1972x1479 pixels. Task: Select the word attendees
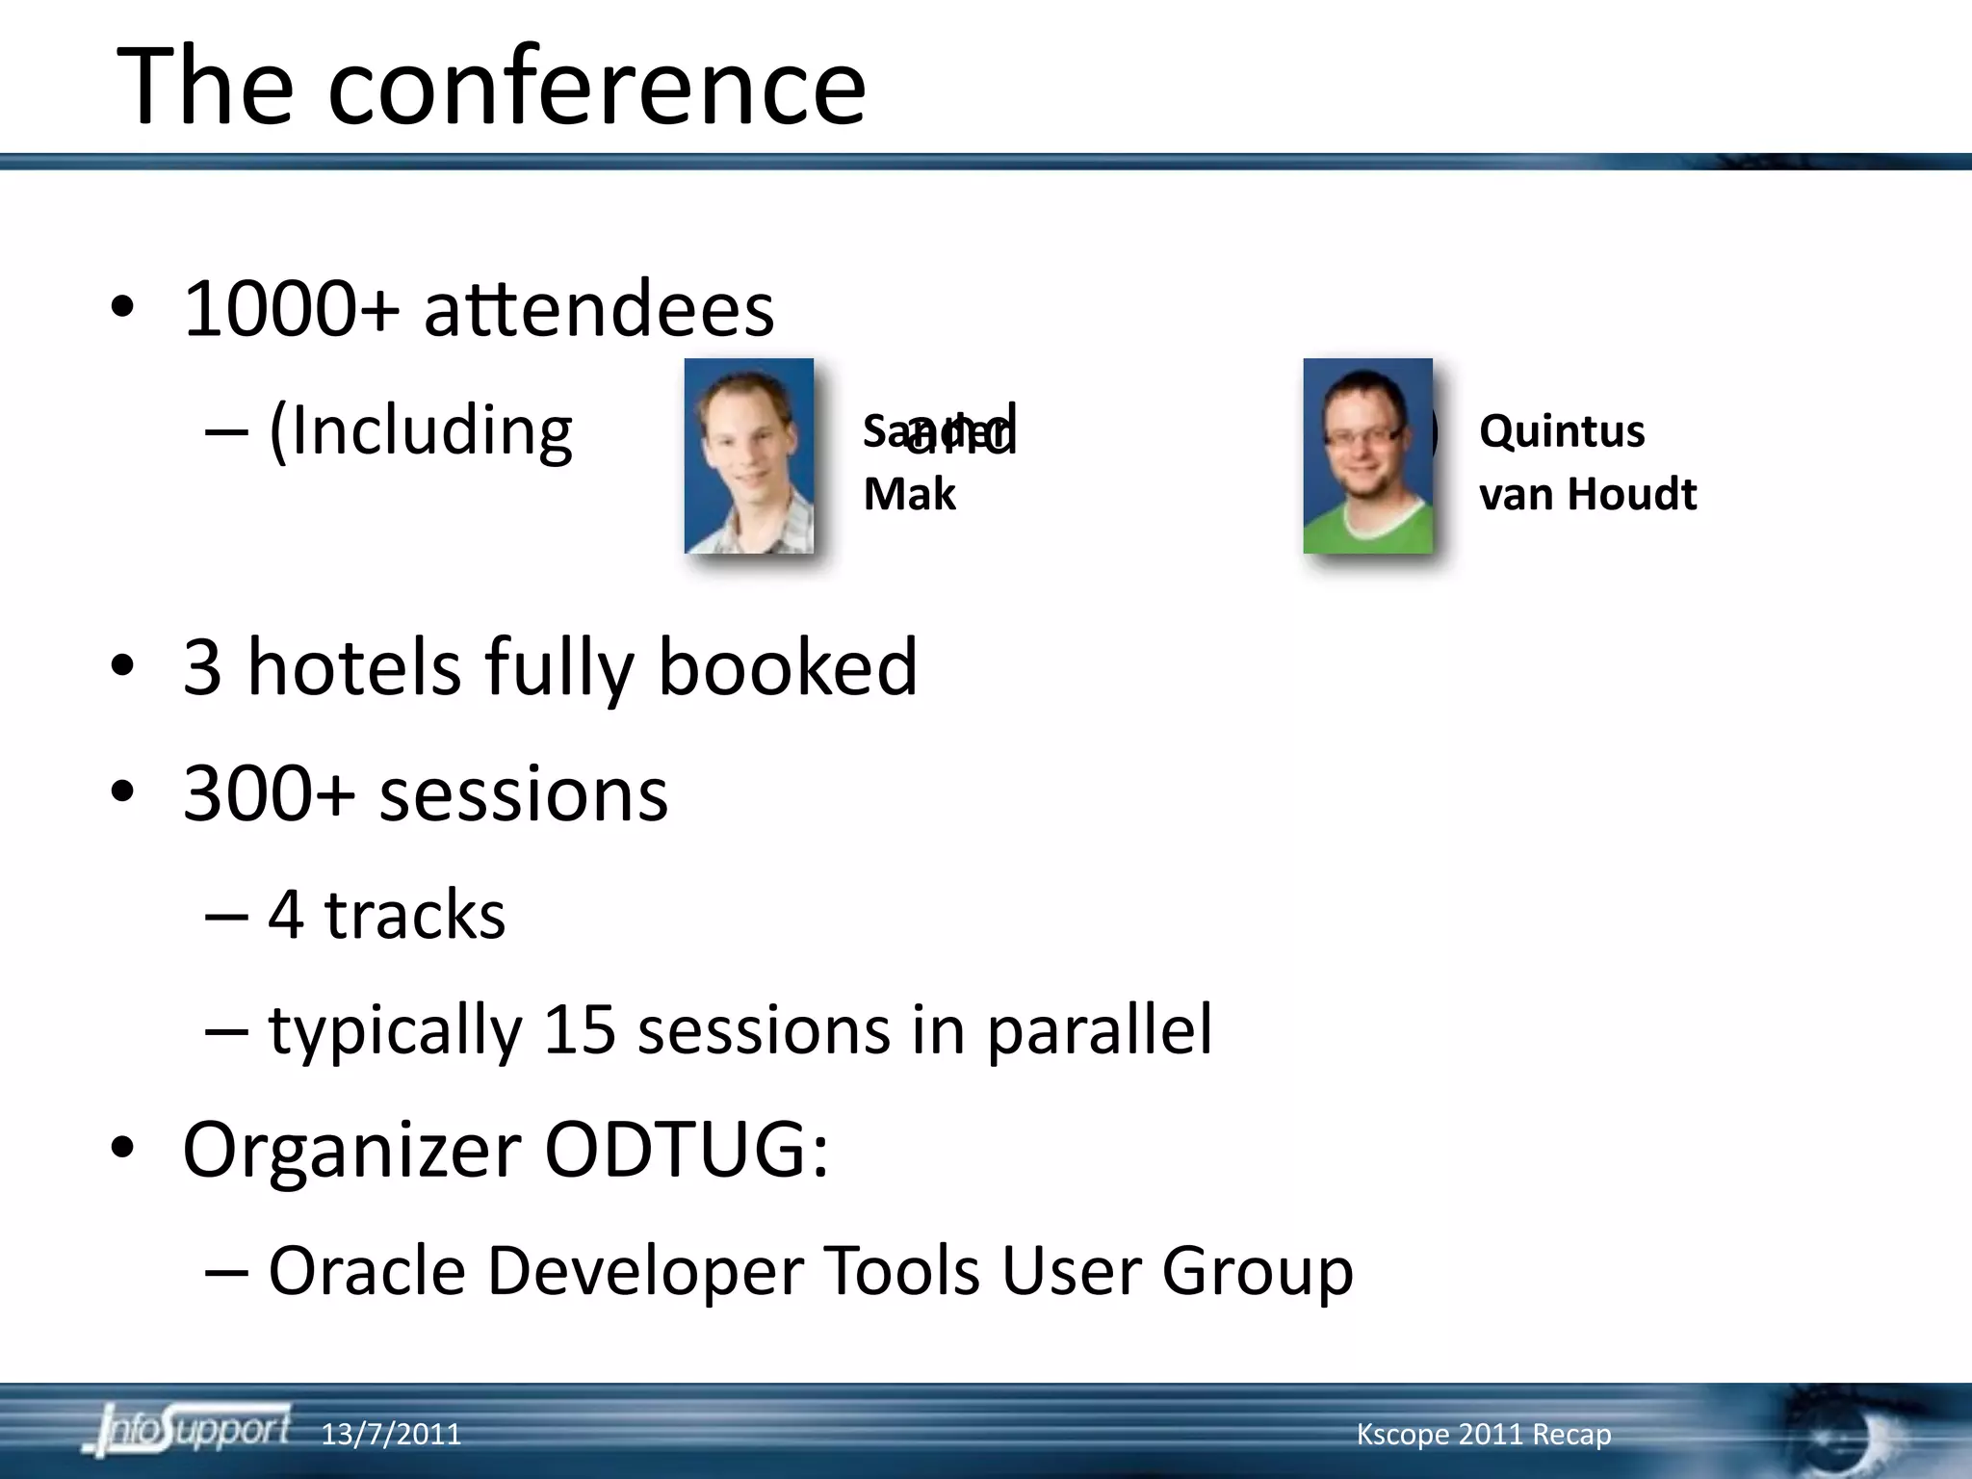tap(598, 310)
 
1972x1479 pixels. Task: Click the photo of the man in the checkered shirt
tap(749, 455)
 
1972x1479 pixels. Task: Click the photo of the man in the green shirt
tap(1367, 455)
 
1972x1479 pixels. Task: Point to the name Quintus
tap(1561, 430)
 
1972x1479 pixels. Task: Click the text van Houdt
tap(1587, 494)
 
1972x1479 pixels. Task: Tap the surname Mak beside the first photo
tap(909, 494)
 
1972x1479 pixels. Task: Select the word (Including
tap(421, 432)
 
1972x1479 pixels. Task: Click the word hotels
tap(353, 667)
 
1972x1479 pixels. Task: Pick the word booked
tap(787, 667)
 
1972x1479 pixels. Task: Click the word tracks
tap(414, 915)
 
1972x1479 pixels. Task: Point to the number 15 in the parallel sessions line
tap(579, 1029)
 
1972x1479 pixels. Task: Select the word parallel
tap(1099, 1031)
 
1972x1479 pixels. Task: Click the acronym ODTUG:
tap(686, 1150)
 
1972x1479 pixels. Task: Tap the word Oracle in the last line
tap(367, 1271)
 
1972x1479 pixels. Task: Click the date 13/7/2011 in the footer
tap(391, 1435)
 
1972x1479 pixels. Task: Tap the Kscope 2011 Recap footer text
tap(1483, 1435)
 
